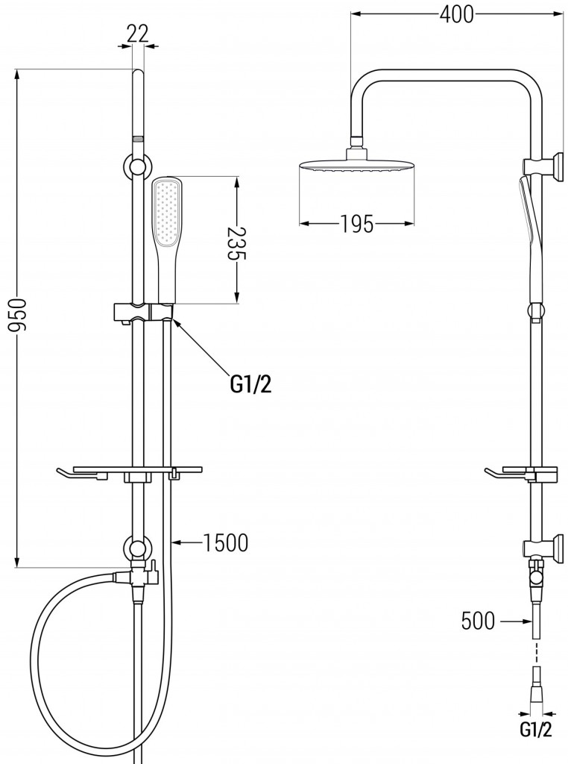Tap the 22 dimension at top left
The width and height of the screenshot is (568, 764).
[x=138, y=34]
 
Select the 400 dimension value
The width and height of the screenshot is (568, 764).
[x=456, y=14]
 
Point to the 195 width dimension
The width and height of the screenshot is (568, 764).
[x=357, y=224]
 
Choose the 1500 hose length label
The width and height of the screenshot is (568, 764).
[x=225, y=543]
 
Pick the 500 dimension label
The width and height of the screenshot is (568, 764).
[x=478, y=621]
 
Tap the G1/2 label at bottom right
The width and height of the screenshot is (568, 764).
[x=536, y=744]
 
